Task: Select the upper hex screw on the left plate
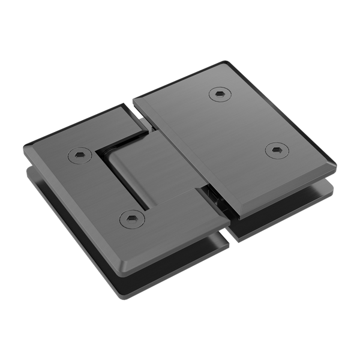(x=79, y=156)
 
